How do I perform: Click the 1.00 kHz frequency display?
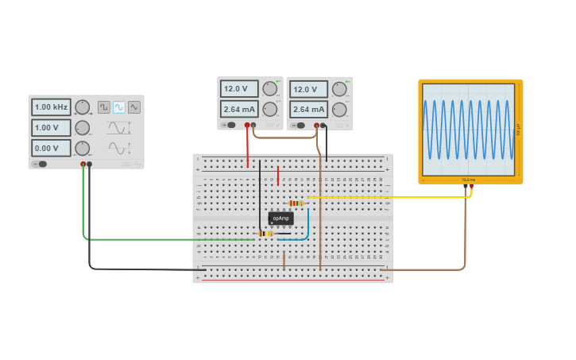coord(52,106)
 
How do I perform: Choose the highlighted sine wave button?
coord(119,107)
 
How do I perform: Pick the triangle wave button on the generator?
coord(134,107)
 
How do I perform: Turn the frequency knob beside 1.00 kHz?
coord(83,106)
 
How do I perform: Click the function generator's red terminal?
coord(83,165)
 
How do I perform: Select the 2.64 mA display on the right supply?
coord(308,109)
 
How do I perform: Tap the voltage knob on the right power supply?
coord(339,89)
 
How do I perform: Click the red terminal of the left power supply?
coord(247,126)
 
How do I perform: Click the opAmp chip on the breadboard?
coord(280,218)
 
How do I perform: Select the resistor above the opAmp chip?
coord(297,203)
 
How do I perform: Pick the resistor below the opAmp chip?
coord(265,234)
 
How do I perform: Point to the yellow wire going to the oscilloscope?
coord(389,196)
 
